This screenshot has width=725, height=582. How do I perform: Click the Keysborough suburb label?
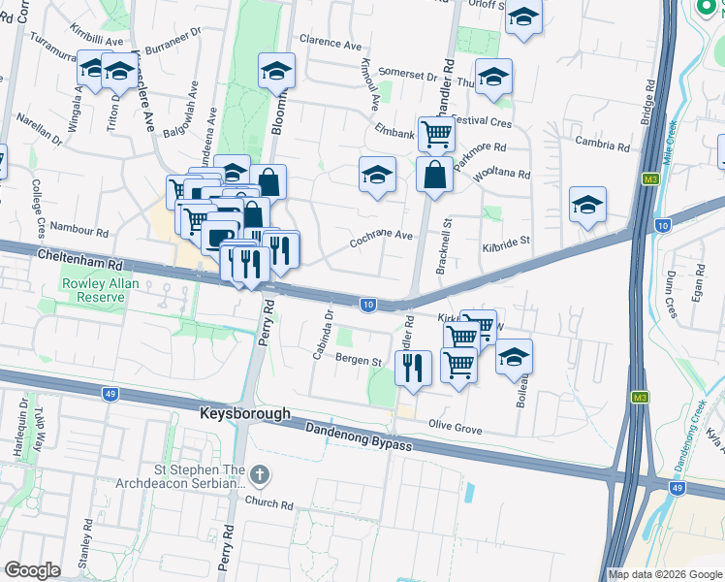[245, 413]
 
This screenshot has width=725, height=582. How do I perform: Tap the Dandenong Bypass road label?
[360, 437]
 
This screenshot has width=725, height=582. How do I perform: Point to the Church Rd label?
[268, 504]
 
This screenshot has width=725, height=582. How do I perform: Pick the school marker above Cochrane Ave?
[377, 175]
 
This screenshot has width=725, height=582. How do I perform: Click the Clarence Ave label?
[330, 44]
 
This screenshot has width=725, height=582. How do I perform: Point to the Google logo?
[32, 570]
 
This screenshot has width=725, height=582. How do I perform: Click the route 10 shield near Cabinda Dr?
[367, 305]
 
